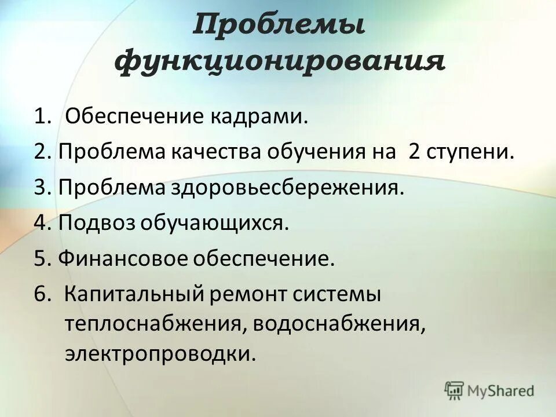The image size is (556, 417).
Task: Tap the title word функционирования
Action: click(x=281, y=61)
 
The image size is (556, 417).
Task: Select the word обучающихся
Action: click(x=207, y=223)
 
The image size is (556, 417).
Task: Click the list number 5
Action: click(x=40, y=258)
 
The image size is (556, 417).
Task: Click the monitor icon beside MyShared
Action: click(x=455, y=389)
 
